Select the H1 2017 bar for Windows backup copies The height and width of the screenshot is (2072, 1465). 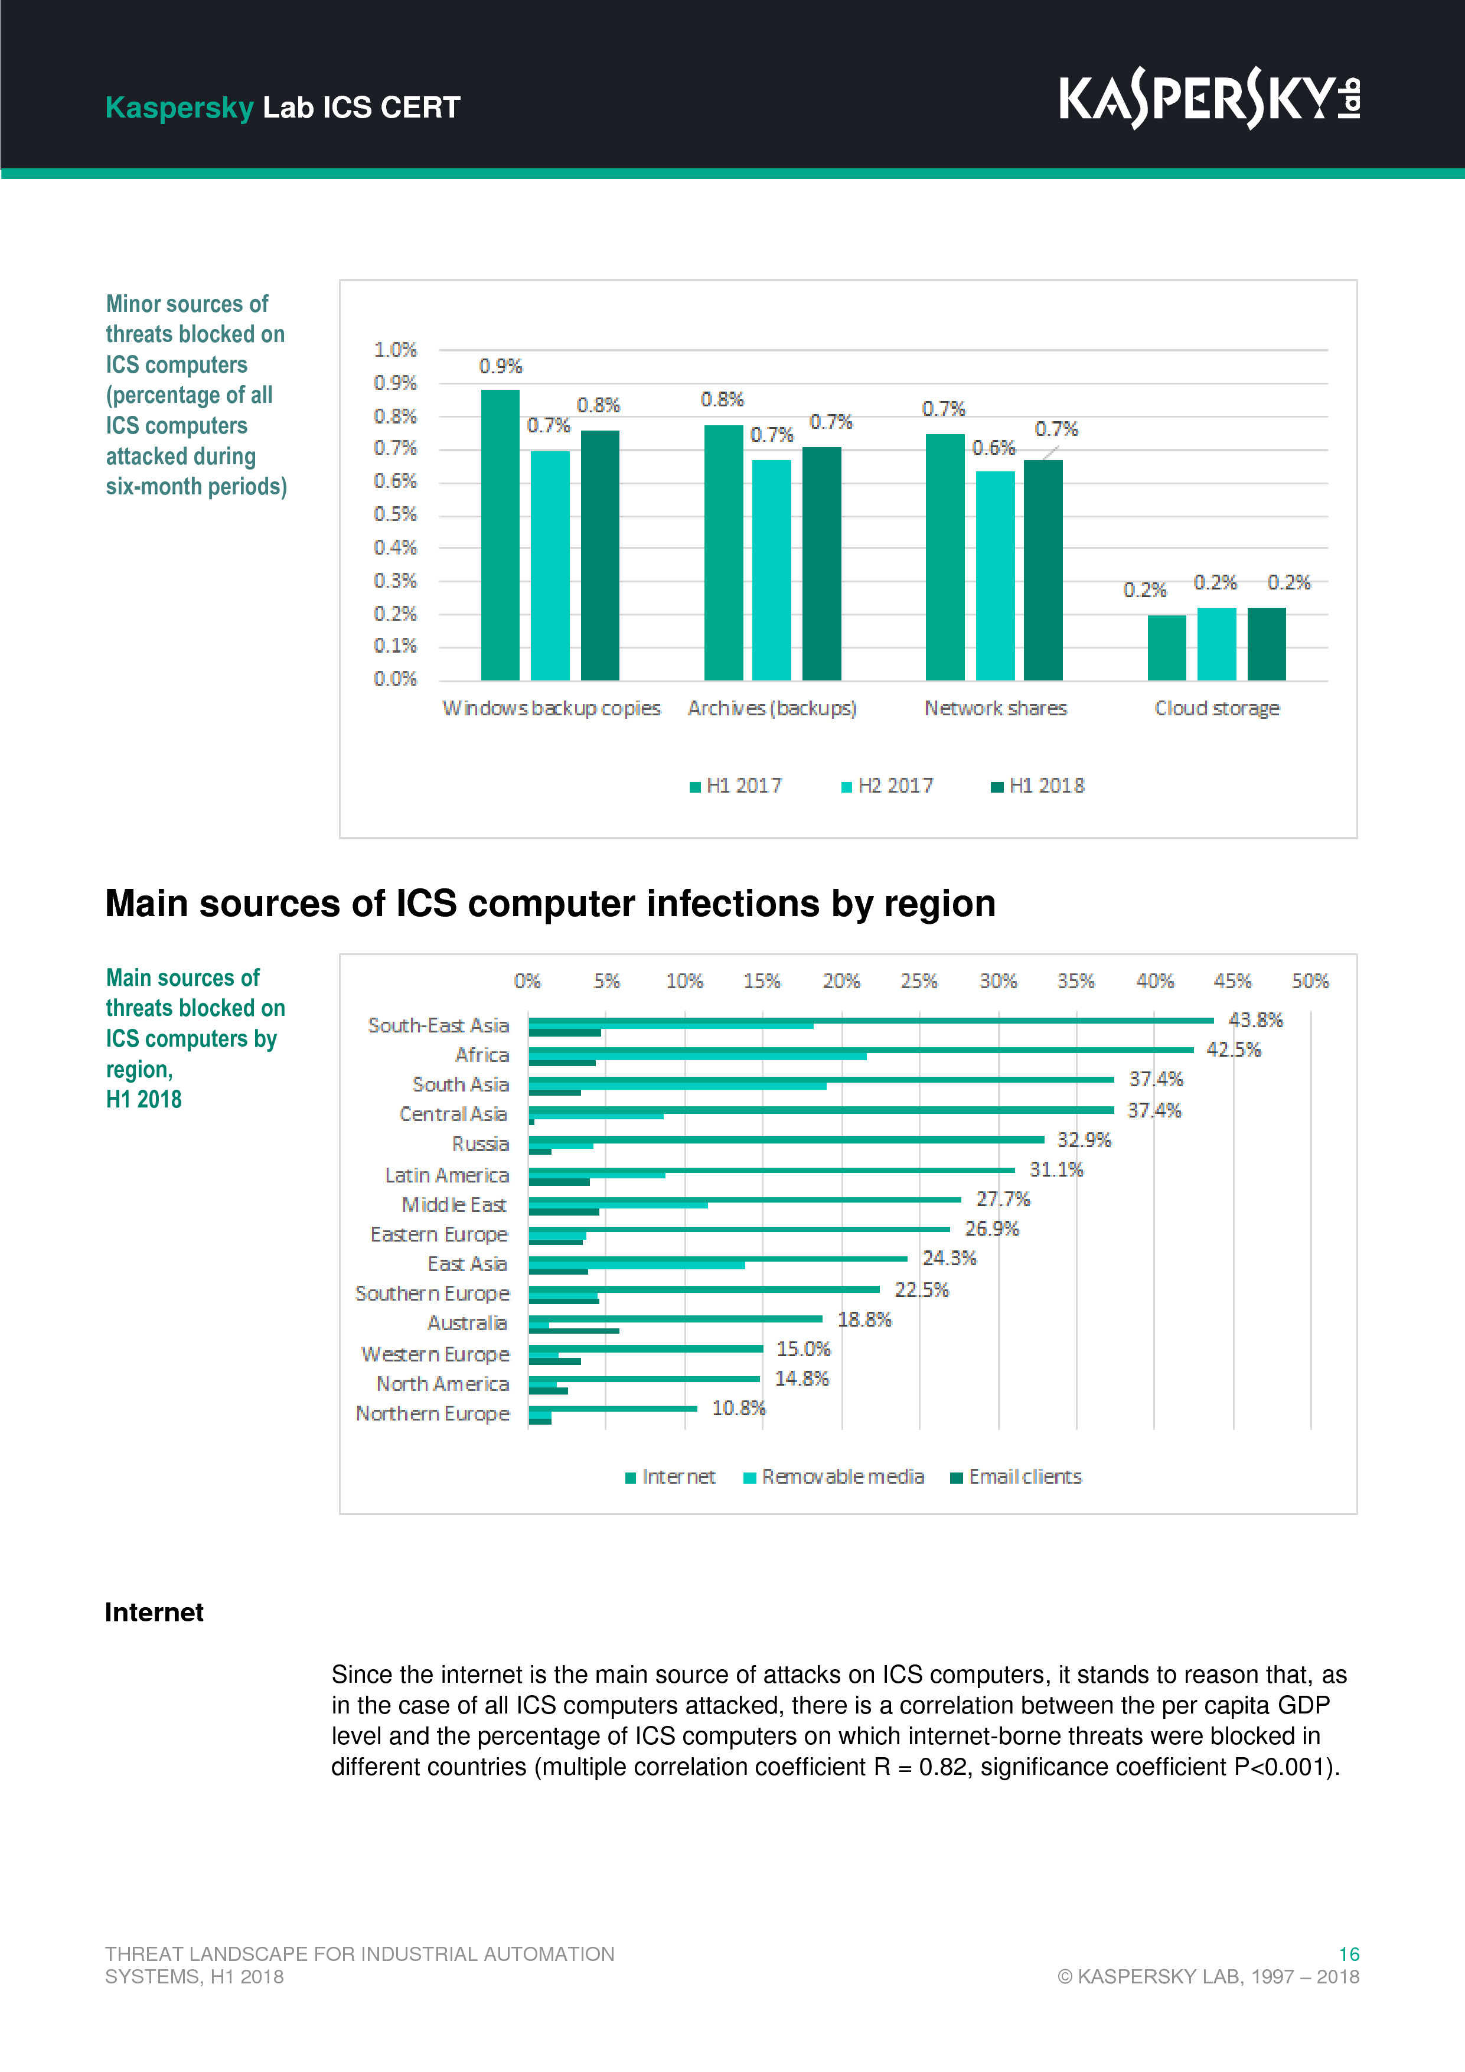pos(500,535)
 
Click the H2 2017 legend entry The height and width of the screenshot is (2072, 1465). pos(887,786)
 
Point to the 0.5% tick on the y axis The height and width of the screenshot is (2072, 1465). pos(395,514)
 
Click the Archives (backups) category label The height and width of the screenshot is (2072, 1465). pos(772,708)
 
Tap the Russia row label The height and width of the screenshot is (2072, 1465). pos(480,1144)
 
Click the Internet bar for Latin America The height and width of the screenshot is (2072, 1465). pos(771,1169)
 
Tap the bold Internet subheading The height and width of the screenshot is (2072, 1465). pos(154,1612)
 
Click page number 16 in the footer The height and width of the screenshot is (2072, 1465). pos(1349,1954)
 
